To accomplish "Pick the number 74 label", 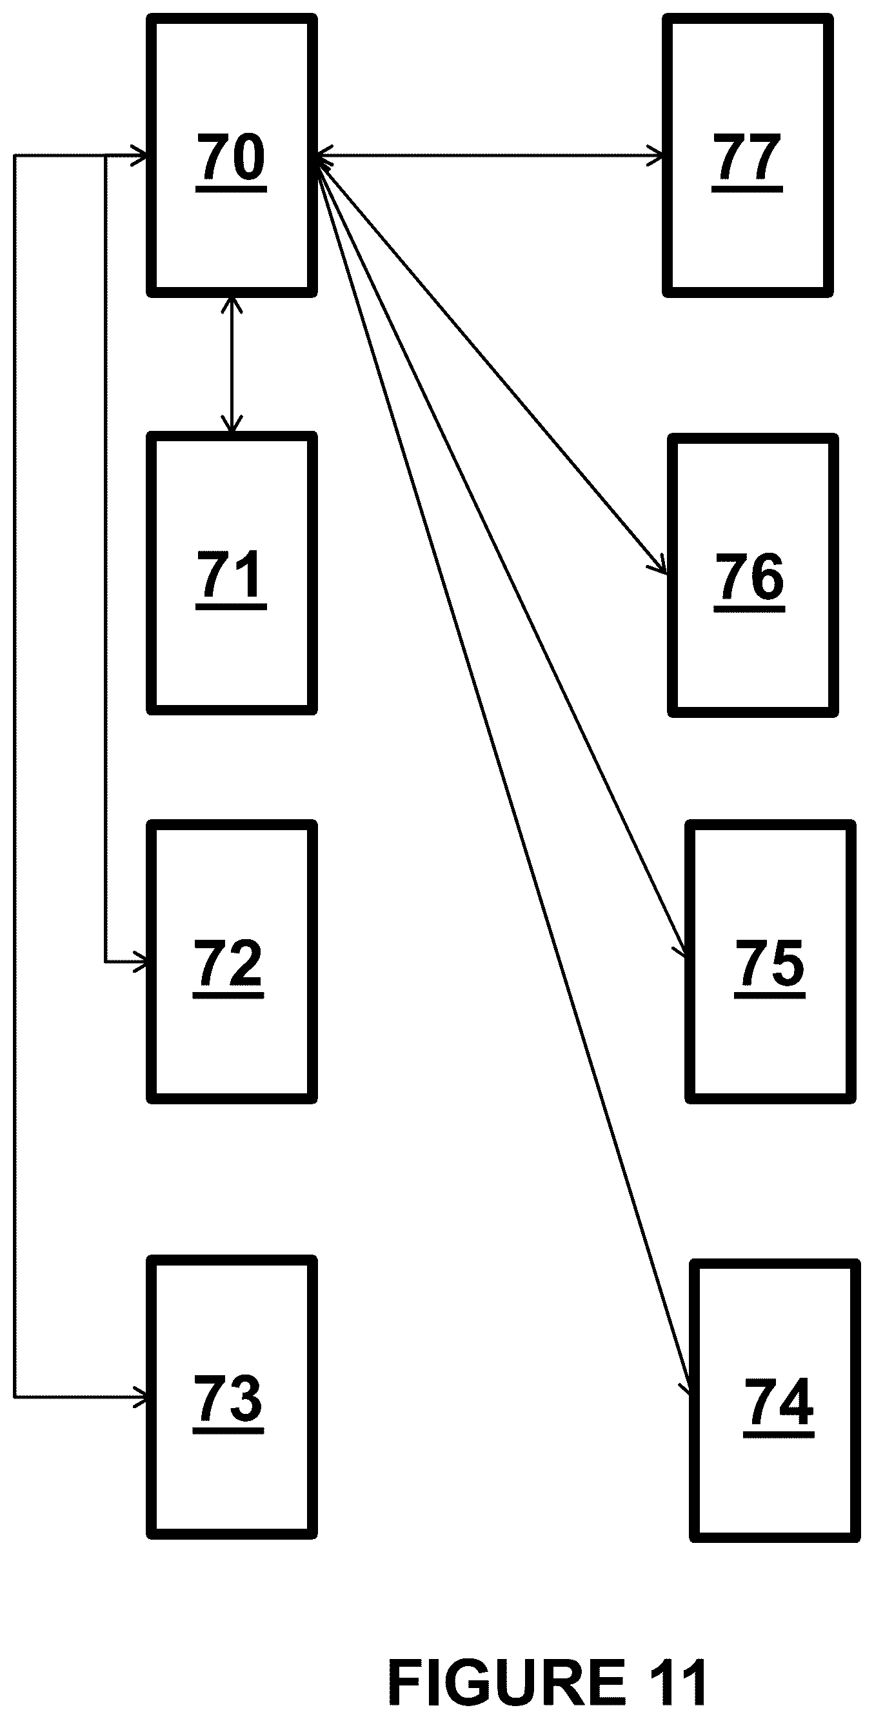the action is (x=779, y=1403).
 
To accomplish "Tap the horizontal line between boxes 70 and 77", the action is (x=490, y=156).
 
